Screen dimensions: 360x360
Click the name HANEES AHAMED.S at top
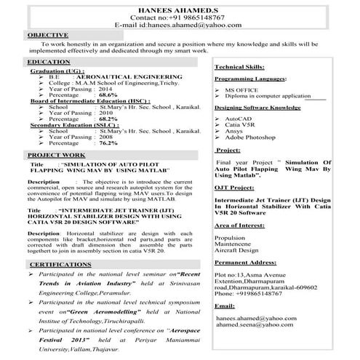179,7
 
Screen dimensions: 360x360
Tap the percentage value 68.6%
108,95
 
